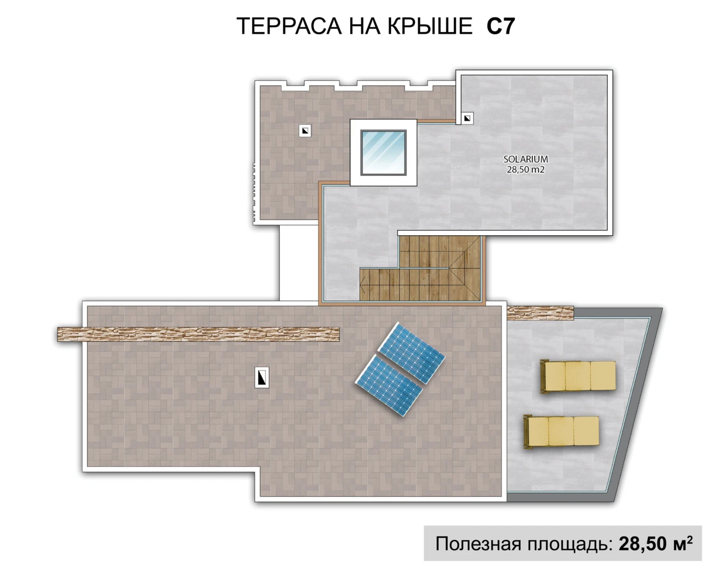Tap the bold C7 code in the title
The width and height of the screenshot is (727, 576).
pyautogui.click(x=500, y=26)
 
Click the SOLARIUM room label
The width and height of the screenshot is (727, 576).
pyautogui.click(x=526, y=159)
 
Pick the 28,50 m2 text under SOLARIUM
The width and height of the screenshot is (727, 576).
pyautogui.click(x=526, y=170)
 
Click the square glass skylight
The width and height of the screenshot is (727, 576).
pyautogui.click(x=383, y=152)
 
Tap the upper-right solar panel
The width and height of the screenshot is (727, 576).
pyautogui.click(x=411, y=353)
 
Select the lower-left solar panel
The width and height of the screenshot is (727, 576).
pyautogui.click(x=389, y=386)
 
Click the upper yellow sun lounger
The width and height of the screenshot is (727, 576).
pyautogui.click(x=578, y=376)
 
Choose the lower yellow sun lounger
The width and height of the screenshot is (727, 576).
pyautogui.click(x=561, y=431)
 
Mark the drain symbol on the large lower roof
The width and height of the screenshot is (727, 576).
pyautogui.click(x=262, y=378)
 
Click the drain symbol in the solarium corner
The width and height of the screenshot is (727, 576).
pyautogui.click(x=467, y=118)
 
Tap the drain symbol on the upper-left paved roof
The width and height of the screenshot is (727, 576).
pyautogui.click(x=305, y=130)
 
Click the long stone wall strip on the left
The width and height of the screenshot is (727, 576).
pyautogui.click(x=198, y=334)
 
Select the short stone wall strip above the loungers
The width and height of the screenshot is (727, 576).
pyautogui.click(x=540, y=313)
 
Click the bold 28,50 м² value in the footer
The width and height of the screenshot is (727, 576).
pyautogui.click(x=655, y=543)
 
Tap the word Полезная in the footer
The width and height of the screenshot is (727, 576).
pyautogui.click(x=478, y=543)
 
